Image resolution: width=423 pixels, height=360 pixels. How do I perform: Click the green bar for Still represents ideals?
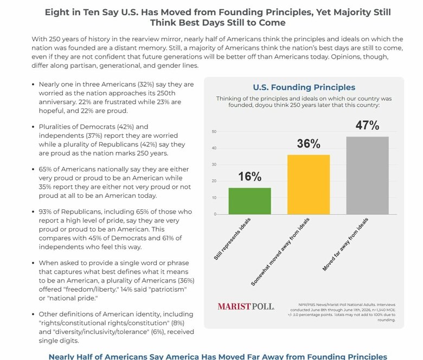point(249,201)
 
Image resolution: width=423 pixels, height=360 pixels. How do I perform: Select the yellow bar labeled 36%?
point(309,184)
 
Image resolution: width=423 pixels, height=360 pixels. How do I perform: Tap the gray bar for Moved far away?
point(368,176)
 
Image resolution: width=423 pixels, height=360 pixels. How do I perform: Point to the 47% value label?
point(367,125)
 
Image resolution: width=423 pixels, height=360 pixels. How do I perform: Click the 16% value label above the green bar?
point(250,177)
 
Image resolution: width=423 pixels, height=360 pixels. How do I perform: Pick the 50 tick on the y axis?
point(214,132)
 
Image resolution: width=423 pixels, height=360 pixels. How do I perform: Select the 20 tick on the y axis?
point(214,181)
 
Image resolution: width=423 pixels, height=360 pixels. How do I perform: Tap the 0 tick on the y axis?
point(215,214)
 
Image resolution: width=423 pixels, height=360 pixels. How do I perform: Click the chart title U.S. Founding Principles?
point(304,87)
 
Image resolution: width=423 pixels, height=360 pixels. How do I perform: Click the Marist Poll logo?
point(246,307)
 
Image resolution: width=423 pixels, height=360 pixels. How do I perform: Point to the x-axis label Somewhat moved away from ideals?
point(280,252)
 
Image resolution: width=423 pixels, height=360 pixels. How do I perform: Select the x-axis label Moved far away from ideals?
point(345,245)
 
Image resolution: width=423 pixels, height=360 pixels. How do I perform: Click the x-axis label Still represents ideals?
point(232,239)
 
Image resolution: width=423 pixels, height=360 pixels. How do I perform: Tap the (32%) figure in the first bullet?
point(146,85)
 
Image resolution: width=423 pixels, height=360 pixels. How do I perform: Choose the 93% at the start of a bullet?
point(45,211)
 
